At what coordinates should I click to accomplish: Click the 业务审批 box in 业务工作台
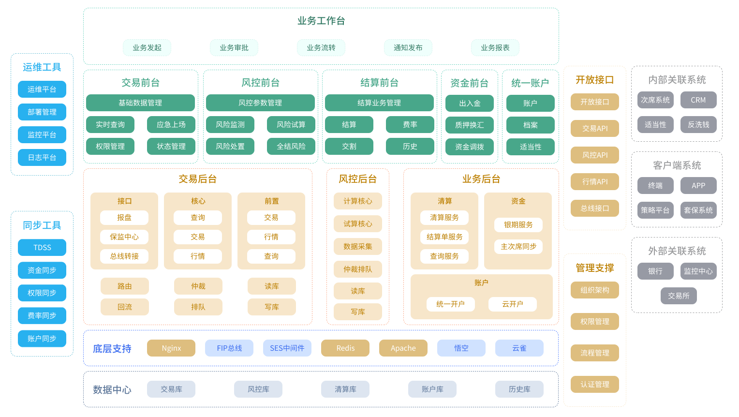click(x=234, y=48)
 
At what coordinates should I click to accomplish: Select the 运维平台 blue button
click(x=42, y=89)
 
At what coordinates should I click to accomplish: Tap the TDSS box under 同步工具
click(x=42, y=248)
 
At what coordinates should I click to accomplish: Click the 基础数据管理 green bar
click(x=140, y=103)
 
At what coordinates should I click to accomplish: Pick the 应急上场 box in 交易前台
click(x=171, y=125)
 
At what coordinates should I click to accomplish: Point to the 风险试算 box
click(x=291, y=125)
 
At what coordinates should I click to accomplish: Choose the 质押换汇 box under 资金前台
click(x=470, y=125)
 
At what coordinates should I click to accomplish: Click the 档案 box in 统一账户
click(x=531, y=125)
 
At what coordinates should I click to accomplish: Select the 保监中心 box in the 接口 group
click(x=124, y=237)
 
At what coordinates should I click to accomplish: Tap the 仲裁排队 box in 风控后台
click(x=358, y=269)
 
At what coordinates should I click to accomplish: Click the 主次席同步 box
click(x=518, y=247)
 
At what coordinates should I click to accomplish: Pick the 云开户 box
click(x=513, y=304)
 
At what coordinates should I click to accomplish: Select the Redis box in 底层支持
click(x=345, y=348)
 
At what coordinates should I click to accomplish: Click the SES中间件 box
click(x=287, y=348)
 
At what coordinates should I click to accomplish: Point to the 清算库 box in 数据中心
click(x=345, y=389)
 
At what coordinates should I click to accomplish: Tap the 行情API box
click(x=595, y=182)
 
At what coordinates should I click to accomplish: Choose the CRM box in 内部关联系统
click(x=698, y=100)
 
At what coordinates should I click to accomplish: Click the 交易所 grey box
click(x=679, y=296)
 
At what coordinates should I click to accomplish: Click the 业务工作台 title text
click(x=321, y=21)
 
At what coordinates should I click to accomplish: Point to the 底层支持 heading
click(x=112, y=349)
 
